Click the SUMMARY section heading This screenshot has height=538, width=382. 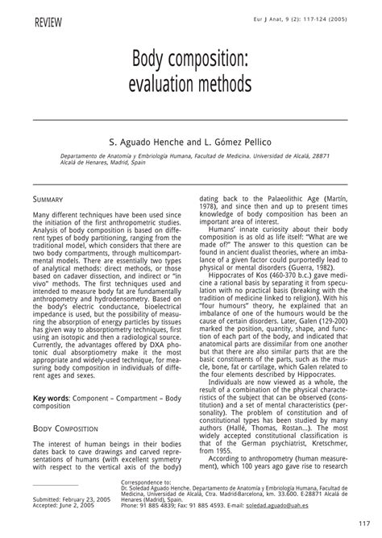click(x=50, y=197)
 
